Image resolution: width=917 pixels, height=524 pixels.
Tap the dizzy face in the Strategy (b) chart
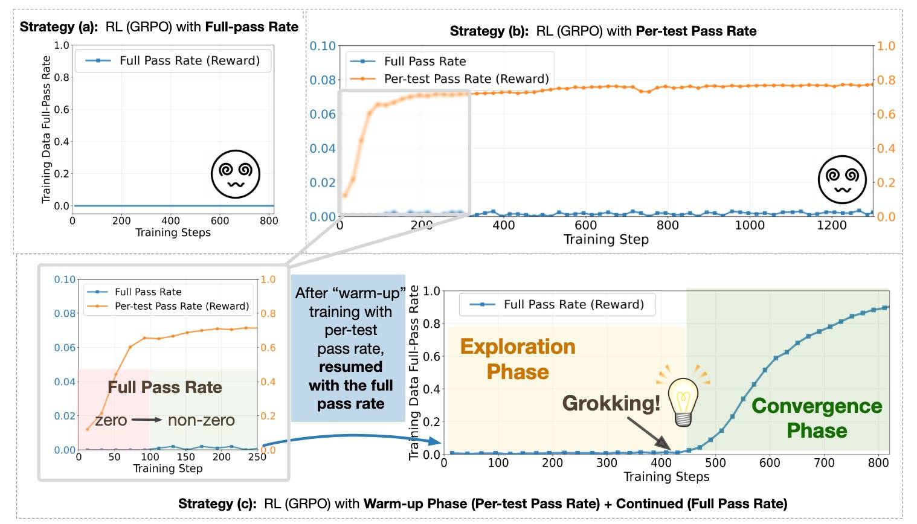click(x=841, y=179)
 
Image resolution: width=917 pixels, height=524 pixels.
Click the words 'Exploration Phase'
click(x=518, y=359)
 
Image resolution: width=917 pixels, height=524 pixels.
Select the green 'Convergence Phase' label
click(x=817, y=418)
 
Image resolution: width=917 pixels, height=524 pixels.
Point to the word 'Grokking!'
click(x=611, y=403)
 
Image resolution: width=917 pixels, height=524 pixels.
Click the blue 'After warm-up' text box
click(x=350, y=348)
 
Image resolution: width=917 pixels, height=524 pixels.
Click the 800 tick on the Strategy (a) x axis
click(x=269, y=220)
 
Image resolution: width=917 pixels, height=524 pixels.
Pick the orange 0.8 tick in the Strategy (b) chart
click(x=886, y=80)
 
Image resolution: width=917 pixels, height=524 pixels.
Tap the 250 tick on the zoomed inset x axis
click(x=257, y=457)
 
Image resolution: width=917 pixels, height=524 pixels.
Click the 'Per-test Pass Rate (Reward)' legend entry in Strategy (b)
click(x=466, y=78)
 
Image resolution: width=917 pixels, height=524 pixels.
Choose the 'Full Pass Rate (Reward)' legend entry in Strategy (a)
click(x=189, y=60)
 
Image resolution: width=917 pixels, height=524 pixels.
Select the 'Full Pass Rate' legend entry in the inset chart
click(x=148, y=292)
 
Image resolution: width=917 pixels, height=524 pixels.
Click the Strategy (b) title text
click(x=603, y=31)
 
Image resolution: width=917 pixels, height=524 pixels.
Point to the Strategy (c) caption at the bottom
click(x=482, y=503)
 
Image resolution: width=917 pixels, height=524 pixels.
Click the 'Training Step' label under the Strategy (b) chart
click(x=606, y=240)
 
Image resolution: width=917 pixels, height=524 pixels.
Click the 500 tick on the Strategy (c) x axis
click(x=715, y=462)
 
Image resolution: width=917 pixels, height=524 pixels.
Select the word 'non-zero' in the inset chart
click(x=201, y=420)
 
